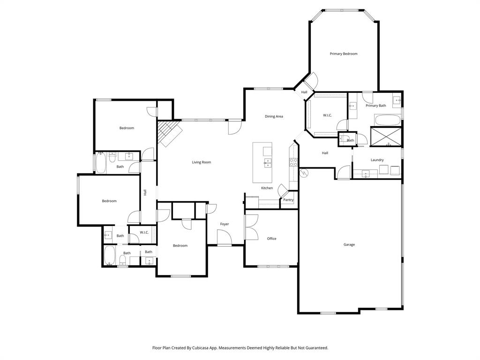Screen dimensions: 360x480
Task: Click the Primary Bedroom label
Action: coord(343,54)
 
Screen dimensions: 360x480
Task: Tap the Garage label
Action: coord(349,245)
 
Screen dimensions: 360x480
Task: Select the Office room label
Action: coord(271,239)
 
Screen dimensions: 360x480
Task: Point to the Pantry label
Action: coord(288,200)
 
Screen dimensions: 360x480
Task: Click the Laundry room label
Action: coord(377,160)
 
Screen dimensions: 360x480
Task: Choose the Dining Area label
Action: coord(274,116)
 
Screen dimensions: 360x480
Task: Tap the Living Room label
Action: coord(201,162)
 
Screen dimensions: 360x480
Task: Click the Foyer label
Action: coord(225,224)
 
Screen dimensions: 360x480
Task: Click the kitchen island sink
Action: coord(267,163)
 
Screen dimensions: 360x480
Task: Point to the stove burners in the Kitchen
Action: coord(293,162)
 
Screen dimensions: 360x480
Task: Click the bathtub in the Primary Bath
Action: coord(387,120)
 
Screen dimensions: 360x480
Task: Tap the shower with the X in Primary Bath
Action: coord(386,136)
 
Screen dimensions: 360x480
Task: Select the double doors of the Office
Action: coord(250,227)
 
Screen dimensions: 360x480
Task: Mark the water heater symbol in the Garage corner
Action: coord(303,173)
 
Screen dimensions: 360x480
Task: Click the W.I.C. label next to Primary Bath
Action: coord(327,115)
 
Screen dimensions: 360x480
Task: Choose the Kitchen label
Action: coord(267,188)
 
